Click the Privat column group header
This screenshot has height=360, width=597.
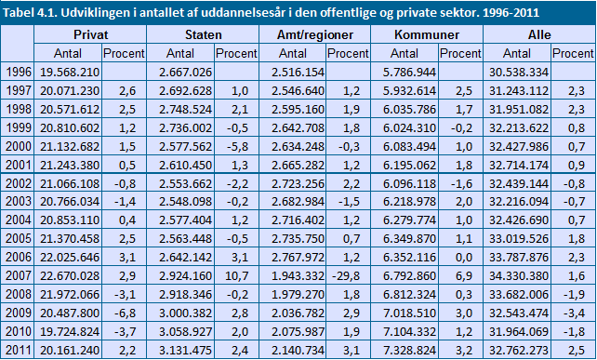pos(90,34)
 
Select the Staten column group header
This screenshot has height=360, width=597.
pos(204,34)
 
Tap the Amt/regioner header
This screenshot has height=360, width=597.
pos(315,35)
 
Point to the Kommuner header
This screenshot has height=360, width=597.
pos(427,34)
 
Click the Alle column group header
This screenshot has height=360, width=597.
pos(539,34)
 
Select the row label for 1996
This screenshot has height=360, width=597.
pos(19,72)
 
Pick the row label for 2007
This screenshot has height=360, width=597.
pos(19,275)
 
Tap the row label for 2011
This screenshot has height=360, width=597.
pos(19,350)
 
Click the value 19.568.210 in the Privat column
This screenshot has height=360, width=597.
pos(70,72)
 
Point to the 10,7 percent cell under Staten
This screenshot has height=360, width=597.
pos(237,275)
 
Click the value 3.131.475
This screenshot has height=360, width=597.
pos(185,350)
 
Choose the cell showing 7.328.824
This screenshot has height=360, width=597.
pos(409,350)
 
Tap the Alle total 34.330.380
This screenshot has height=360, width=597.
pos(519,275)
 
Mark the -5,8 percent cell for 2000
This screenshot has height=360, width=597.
pos(237,146)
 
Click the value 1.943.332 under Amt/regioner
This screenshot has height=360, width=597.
pos(298,275)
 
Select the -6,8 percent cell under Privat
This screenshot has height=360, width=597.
pos(126,313)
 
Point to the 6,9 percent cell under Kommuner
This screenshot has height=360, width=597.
pos(464,275)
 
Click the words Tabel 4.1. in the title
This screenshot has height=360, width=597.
pos(30,13)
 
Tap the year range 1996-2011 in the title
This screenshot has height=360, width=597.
pos(511,13)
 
